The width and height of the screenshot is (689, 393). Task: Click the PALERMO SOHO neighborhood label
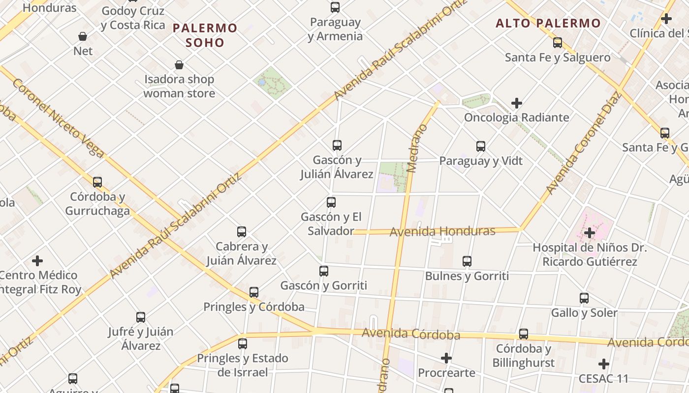click(x=205, y=35)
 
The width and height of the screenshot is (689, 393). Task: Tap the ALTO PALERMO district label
click(x=548, y=23)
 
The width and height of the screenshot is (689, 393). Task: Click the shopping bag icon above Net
click(x=83, y=36)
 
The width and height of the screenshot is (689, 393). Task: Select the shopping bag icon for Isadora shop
click(x=179, y=65)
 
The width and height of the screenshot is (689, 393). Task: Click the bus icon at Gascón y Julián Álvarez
click(x=337, y=145)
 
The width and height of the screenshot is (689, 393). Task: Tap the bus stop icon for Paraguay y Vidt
click(x=480, y=146)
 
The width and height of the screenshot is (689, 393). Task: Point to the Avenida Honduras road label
click(x=442, y=231)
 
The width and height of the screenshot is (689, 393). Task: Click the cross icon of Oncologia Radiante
click(x=516, y=103)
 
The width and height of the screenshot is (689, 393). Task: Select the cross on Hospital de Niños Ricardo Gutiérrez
click(x=589, y=233)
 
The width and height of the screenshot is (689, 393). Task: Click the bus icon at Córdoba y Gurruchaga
click(x=97, y=182)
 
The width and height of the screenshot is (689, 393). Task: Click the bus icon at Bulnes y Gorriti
click(x=467, y=261)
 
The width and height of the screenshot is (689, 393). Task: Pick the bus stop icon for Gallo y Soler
click(x=584, y=298)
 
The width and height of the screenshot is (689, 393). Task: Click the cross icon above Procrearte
click(x=446, y=358)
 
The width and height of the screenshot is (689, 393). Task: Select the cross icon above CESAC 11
click(x=603, y=364)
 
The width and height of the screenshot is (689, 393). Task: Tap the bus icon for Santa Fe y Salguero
click(x=557, y=43)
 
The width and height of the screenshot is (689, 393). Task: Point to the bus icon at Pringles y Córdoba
click(x=253, y=292)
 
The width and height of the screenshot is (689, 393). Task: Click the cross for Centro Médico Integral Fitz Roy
click(x=37, y=260)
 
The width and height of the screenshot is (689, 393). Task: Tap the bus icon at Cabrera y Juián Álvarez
click(x=241, y=232)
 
